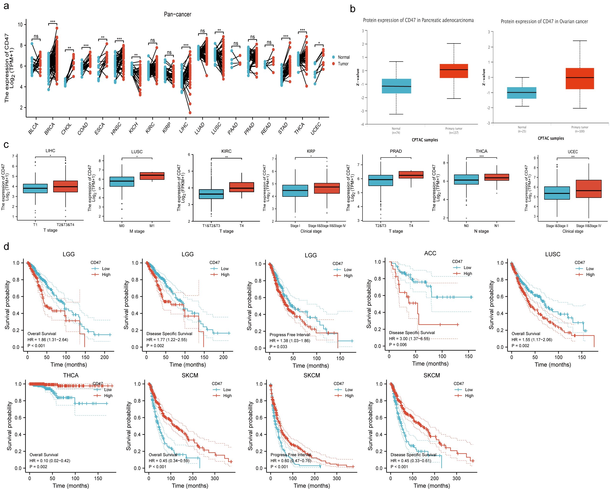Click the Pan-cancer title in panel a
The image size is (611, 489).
tap(177, 14)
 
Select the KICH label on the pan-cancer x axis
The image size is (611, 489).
tap(133, 128)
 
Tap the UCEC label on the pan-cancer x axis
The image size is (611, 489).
tap(316, 128)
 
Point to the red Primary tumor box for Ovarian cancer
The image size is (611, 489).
tap(579, 79)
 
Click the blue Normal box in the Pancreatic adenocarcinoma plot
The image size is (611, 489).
tap(396, 86)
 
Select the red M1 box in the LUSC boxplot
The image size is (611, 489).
tap(152, 176)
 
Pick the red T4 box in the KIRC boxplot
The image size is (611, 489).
tap(242, 187)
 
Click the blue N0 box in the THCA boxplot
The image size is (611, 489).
tap(466, 180)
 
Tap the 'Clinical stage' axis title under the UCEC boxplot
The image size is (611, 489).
tap(573, 231)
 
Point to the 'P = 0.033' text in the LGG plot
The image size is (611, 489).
tap(278, 346)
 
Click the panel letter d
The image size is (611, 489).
tap(6, 246)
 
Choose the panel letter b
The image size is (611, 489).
tap(353, 9)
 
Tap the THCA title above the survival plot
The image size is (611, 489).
tap(71, 375)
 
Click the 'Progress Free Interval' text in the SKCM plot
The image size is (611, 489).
tap(291, 455)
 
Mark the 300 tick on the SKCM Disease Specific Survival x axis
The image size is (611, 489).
tap(456, 478)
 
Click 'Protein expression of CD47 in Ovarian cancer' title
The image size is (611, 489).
tap(544, 21)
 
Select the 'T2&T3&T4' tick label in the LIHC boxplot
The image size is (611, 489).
tap(65, 225)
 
